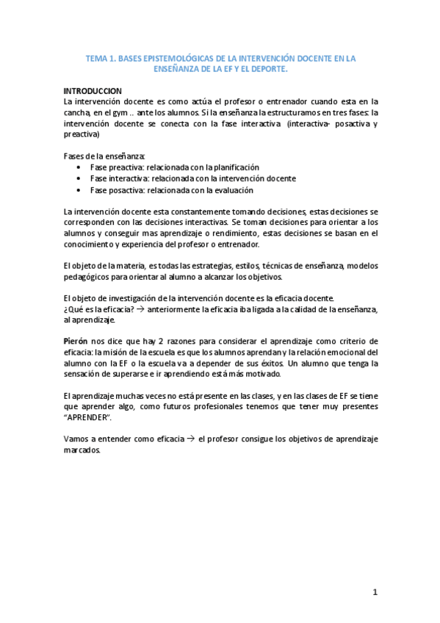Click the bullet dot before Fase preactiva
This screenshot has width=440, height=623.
click(x=79, y=168)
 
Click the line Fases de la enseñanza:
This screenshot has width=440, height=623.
click(x=104, y=156)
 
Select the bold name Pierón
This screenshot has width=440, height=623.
click(x=76, y=342)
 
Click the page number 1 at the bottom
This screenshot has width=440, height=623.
click(x=374, y=592)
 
